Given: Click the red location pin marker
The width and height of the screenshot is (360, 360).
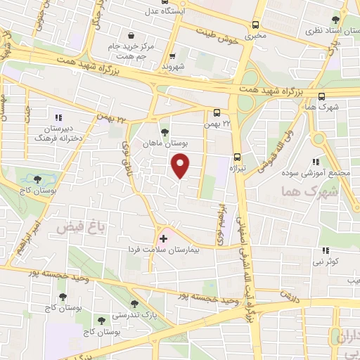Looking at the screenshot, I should click(x=181, y=165).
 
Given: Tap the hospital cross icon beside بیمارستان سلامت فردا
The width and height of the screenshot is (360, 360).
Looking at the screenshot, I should click(x=164, y=238).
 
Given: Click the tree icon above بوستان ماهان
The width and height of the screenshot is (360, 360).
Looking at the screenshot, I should click(x=165, y=131).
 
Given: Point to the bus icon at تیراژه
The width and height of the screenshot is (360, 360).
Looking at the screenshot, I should click(x=237, y=157).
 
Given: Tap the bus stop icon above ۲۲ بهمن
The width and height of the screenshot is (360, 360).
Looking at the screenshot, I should click(x=217, y=112).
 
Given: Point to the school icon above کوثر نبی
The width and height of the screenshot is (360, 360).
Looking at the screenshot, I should click(x=325, y=250).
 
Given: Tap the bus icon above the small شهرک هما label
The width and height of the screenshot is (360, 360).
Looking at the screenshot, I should click(x=322, y=97).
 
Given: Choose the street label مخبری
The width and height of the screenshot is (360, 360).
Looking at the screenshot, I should click(x=254, y=34).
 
